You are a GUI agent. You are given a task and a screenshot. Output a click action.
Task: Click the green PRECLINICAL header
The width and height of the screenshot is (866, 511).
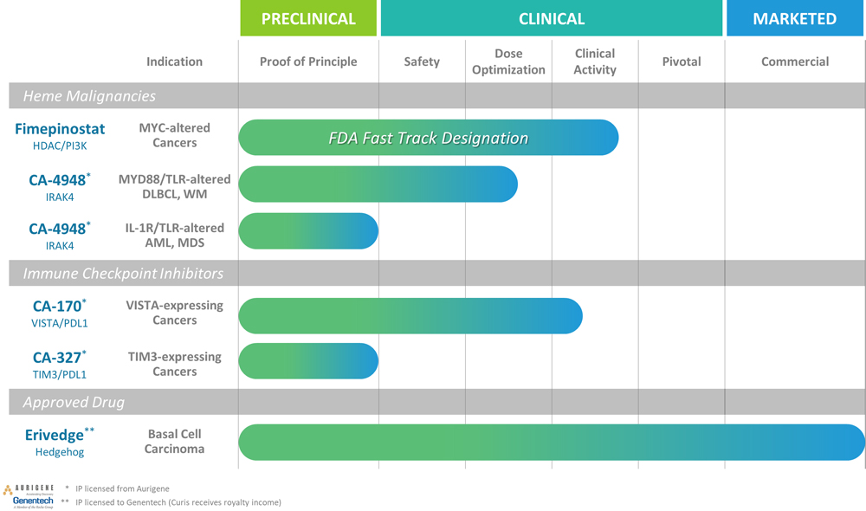click(308, 18)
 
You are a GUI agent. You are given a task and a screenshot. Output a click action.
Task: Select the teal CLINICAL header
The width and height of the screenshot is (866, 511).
click(551, 18)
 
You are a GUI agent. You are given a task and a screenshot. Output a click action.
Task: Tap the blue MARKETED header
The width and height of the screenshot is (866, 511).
click(794, 18)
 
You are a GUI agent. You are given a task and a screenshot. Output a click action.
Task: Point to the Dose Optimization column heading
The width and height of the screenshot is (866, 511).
click(508, 61)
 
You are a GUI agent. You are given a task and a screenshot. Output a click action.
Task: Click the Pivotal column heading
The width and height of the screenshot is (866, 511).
click(682, 61)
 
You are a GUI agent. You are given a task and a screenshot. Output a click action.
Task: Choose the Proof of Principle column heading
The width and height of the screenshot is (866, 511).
click(308, 61)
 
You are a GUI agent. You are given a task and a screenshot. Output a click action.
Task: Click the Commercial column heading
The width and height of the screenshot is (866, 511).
click(794, 61)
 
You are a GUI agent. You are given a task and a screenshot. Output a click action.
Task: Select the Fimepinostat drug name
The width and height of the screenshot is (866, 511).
click(60, 129)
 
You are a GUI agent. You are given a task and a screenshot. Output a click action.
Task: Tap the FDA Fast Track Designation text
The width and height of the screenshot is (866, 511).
click(429, 138)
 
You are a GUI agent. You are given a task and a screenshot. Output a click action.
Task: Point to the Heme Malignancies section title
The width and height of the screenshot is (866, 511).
click(89, 96)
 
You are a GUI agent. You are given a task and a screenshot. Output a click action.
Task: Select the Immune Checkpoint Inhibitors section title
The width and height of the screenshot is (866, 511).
click(123, 274)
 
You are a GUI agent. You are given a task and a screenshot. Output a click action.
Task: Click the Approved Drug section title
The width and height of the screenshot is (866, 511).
click(74, 403)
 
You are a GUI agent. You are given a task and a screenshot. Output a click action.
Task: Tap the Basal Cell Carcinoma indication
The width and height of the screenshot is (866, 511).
click(174, 442)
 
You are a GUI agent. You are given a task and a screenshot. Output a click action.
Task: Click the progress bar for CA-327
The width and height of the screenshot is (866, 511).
click(308, 362)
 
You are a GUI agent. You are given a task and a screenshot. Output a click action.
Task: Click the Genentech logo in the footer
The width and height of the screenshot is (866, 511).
click(33, 501)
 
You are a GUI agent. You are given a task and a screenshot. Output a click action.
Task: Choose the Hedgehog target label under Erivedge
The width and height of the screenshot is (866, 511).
click(60, 451)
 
